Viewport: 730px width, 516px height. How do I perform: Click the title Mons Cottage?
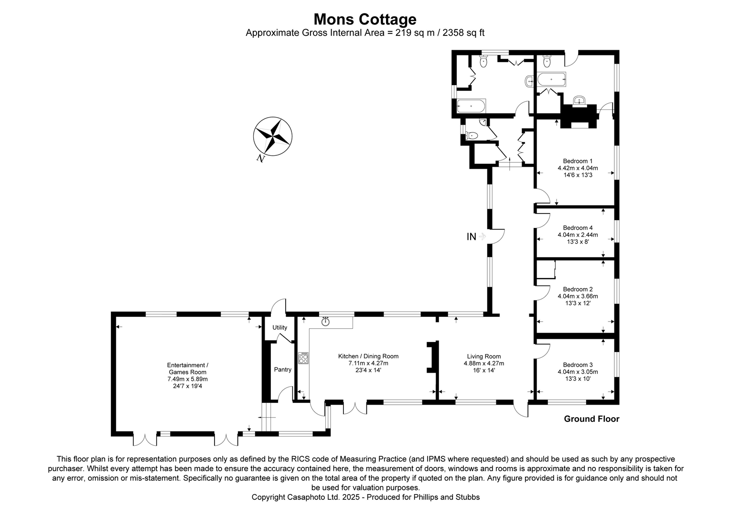365,19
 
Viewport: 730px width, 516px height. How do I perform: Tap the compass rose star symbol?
272,136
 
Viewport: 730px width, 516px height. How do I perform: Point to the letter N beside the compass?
260,159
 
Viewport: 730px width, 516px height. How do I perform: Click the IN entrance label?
471,236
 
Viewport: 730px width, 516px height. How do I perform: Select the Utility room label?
280,327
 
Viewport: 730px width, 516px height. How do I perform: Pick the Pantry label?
282,369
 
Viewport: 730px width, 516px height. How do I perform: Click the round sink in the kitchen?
326,322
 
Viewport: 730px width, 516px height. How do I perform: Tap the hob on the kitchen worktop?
303,358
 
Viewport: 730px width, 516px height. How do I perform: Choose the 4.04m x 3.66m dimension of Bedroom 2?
578,296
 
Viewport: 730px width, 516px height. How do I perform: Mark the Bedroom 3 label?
578,365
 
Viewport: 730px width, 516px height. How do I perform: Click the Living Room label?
483,356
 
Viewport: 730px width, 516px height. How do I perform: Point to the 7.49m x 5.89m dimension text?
187,379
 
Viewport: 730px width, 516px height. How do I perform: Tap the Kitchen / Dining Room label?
368,356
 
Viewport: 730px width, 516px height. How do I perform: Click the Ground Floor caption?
591,419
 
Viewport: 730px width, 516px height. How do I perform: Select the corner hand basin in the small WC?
483,122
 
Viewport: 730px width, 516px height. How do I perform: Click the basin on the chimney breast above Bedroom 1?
580,100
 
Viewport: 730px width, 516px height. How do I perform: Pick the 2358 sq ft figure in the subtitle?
463,32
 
